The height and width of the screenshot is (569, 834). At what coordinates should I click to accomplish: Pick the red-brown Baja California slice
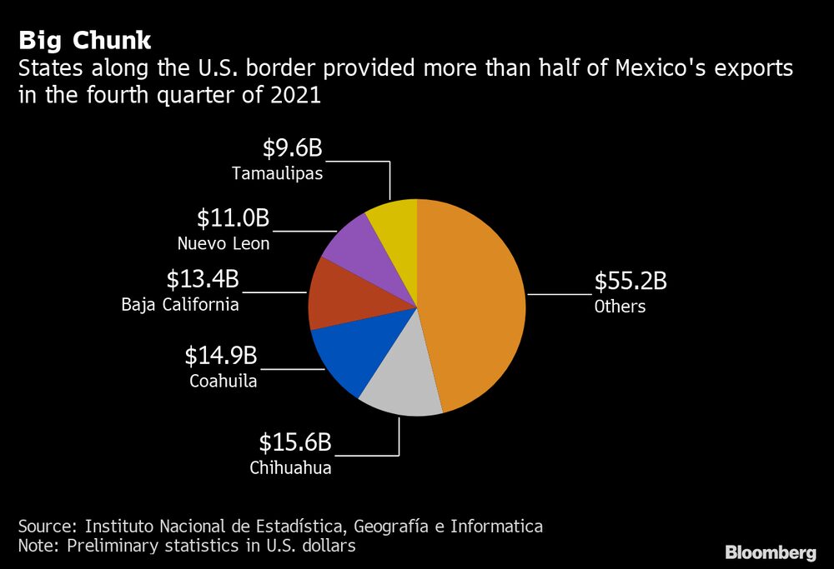(334, 292)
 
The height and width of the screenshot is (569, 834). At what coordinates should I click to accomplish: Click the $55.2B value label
(630, 282)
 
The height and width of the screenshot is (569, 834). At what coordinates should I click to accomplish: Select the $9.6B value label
(292, 148)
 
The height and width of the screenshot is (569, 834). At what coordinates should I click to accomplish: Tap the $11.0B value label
(234, 218)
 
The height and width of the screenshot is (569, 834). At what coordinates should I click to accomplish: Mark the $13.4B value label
(203, 279)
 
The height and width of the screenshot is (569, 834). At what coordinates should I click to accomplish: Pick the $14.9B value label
(221, 357)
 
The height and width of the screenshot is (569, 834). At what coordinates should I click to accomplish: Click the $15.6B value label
(295, 442)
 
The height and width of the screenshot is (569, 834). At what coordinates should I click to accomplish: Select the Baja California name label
(180, 304)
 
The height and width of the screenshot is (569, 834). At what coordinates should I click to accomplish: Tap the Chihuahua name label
(290, 467)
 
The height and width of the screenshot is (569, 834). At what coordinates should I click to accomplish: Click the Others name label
(620, 307)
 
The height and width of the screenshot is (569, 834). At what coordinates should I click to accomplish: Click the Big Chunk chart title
(84, 40)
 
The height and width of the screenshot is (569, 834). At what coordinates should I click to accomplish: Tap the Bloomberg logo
(770, 552)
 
